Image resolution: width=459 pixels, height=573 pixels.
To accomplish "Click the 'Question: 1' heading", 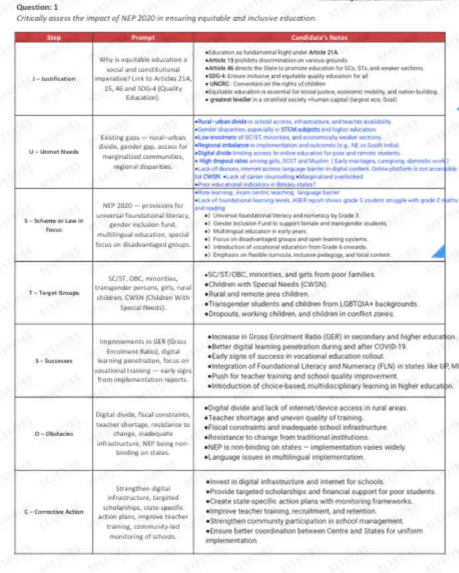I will click(x=33, y=6).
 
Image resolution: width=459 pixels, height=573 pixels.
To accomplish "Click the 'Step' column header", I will click(x=55, y=37).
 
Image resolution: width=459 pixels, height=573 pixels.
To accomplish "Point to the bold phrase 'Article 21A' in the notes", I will click(x=323, y=51).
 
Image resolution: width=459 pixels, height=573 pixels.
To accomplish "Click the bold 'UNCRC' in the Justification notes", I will click(x=219, y=84).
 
